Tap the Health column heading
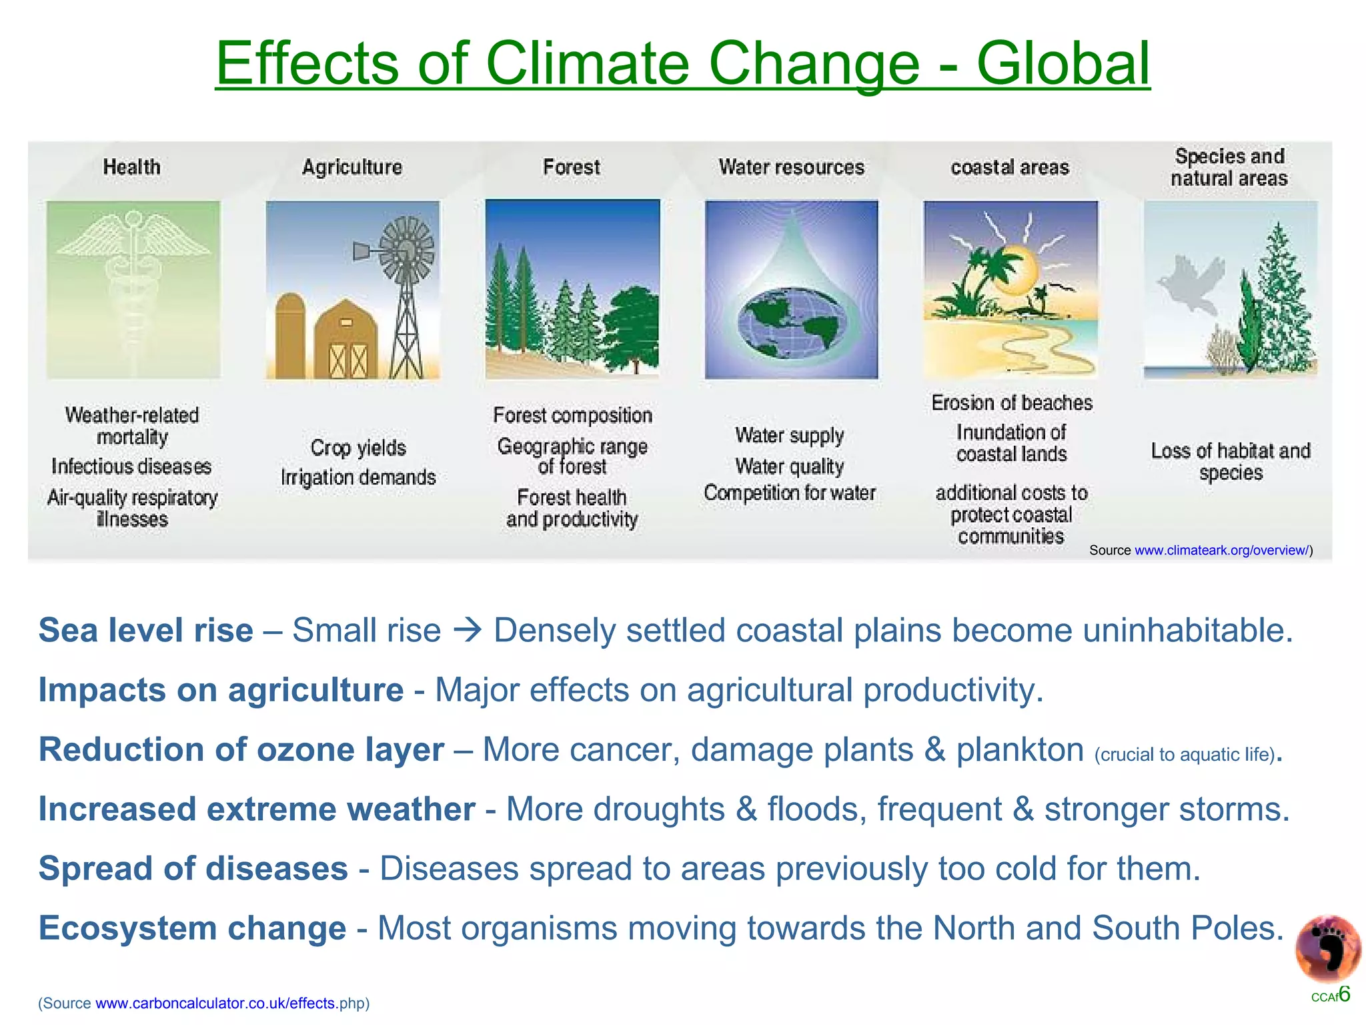point(131,167)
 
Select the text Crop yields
point(358,448)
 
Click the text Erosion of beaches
point(1011,403)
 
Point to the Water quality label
point(789,466)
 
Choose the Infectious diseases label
point(131,466)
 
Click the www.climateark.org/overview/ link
point(1221,551)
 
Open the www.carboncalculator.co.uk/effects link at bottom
point(215,1003)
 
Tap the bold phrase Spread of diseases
point(193,869)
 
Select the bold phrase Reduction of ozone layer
point(241,749)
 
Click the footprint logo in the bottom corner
point(1327,948)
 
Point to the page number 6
point(1344,994)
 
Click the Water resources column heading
point(791,167)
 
